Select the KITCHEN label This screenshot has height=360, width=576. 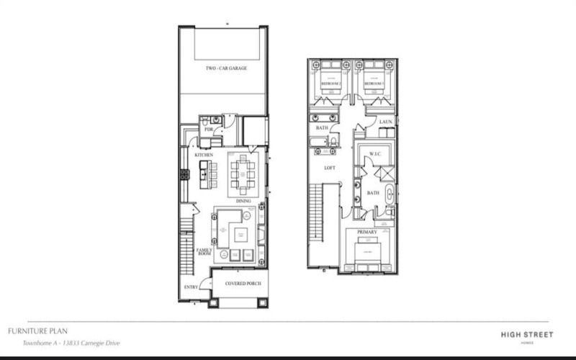tap(203, 156)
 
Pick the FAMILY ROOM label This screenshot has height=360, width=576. tap(204, 252)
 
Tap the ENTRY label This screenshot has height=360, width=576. tap(191, 287)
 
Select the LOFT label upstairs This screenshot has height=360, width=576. tap(330, 168)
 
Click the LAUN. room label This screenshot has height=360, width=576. tap(385, 122)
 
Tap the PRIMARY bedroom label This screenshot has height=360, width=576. tap(367, 233)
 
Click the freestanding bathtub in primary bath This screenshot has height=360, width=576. tap(390, 194)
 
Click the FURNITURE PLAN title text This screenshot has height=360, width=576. tap(38, 330)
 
